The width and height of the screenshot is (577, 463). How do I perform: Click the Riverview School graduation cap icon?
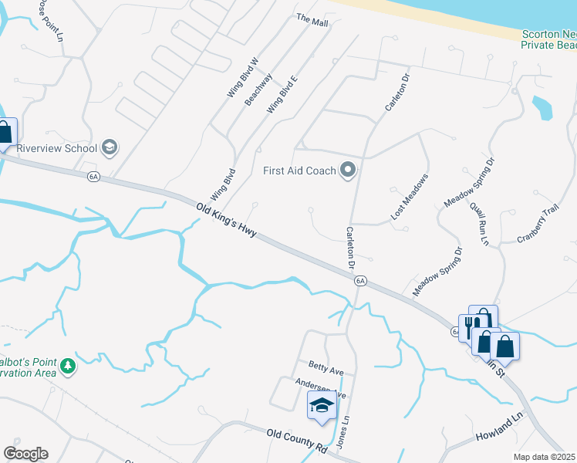pyautogui.click(x=110, y=147)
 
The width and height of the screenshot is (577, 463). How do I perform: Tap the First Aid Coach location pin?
pyautogui.click(x=348, y=170)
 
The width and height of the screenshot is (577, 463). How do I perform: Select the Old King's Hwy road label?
pyautogui.click(x=225, y=221)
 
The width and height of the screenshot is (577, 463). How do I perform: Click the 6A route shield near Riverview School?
pyautogui.click(x=93, y=177)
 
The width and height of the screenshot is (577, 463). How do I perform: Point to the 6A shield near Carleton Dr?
pyautogui.click(x=360, y=281)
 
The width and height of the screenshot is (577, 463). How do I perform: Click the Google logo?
pyautogui.click(x=25, y=454)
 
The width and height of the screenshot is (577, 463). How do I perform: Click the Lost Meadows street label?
pyautogui.click(x=409, y=198)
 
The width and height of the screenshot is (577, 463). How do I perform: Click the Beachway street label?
pyautogui.click(x=258, y=90)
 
